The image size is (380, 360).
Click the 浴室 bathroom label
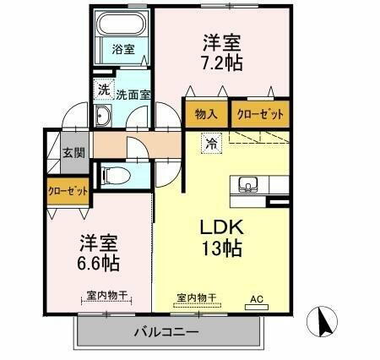click(x=124, y=49)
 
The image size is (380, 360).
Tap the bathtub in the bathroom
click(x=122, y=26)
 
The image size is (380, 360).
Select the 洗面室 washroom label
click(x=133, y=95)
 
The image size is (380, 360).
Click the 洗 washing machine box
click(x=103, y=88)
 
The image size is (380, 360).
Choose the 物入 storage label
click(x=206, y=113)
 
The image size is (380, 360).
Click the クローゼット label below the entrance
click(x=68, y=191)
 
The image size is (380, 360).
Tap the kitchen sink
click(x=249, y=185)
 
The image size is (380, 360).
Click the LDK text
click(x=222, y=227)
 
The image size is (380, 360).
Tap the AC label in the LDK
click(x=256, y=297)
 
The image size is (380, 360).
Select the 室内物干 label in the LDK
click(x=196, y=297)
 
